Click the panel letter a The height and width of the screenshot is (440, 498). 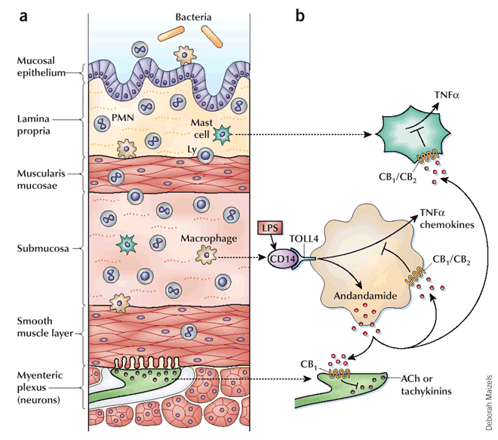[23, 17]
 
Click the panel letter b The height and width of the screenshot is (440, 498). [300, 15]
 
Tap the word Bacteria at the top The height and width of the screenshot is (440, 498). [193, 17]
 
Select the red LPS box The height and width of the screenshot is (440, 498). [270, 227]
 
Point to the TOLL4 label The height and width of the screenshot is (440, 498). [303, 238]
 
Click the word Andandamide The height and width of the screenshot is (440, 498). [365, 296]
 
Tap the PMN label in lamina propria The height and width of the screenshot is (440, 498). [122, 118]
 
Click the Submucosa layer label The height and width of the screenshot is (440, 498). [43, 248]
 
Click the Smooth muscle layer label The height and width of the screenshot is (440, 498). [45, 328]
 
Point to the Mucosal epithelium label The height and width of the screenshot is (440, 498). [41, 66]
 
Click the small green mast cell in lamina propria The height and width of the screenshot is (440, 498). [223, 134]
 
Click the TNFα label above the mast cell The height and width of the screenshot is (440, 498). [447, 95]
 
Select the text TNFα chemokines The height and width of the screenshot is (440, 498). [447, 219]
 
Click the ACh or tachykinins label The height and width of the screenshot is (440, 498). [426, 385]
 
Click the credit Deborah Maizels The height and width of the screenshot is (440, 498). [488, 403]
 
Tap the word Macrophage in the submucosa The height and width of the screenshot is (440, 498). [209, 238]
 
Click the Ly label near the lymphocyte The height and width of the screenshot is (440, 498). [192, 149]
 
